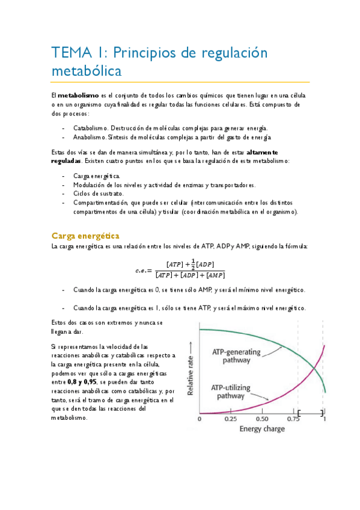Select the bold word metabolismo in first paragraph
coord(79,95)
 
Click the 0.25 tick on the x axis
coord(230,419)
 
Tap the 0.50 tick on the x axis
coord(261,419)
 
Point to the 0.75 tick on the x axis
coord(293,419)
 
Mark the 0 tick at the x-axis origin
coord(199,419)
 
